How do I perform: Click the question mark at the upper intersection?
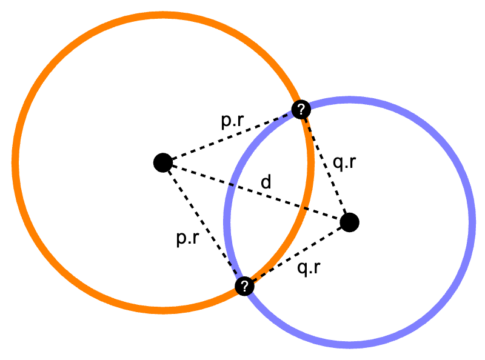pos(301,110)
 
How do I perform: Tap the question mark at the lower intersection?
pos(244,286)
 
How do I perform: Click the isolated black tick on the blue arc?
pos(231,184)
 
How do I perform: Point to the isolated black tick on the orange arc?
pos(306,208)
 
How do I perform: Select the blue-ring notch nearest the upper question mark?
pos(284,116)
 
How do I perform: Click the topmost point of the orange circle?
pos(163,15)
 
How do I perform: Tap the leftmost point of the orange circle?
pos(15,162)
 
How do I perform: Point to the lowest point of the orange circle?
pos(163,310)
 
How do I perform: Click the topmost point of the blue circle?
pos(350,100)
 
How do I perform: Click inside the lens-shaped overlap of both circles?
pos(270,194)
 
